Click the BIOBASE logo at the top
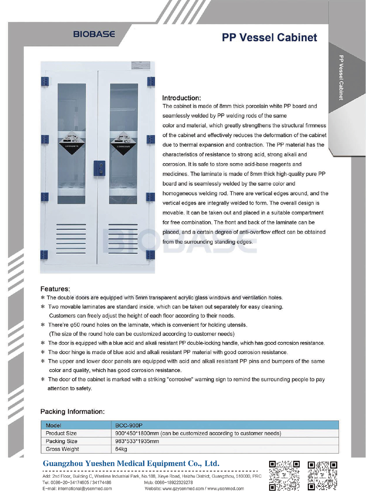tap(94, 34)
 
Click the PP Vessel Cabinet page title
tap(269, 37)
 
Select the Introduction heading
tap(182, 98)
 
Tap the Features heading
tap(55, 289)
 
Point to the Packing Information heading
tap(72, 411)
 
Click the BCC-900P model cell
tap(129, 425)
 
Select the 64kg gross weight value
tap(121, 449)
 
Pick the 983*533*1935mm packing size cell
tap(137, 441)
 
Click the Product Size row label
tap(61, 433)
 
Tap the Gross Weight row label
tap(62, 449)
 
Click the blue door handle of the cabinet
tap(100, 168)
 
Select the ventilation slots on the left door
tap(71, 239)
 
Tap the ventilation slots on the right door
tap(123, 239)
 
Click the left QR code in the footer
tap(284, 475)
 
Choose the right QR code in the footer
tap(322, 475)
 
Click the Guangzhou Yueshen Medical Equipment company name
tap(131, 463)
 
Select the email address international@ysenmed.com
tap(77, 489)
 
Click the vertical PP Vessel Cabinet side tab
tap(341, 78)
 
